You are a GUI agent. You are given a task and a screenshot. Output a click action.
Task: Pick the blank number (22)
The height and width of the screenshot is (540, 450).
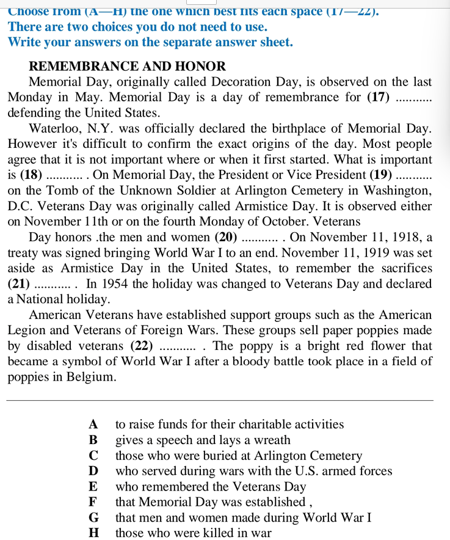pos(142,346)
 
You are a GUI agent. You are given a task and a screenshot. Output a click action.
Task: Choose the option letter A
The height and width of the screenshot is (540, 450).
pos(93,425)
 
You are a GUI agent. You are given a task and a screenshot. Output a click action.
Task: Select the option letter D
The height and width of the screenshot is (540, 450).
pos(93,471)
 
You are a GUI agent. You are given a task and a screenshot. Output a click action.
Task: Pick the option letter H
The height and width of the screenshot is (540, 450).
pos(93,533)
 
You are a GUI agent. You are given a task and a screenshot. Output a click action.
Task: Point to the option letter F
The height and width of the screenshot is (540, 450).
pos(93,502)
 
